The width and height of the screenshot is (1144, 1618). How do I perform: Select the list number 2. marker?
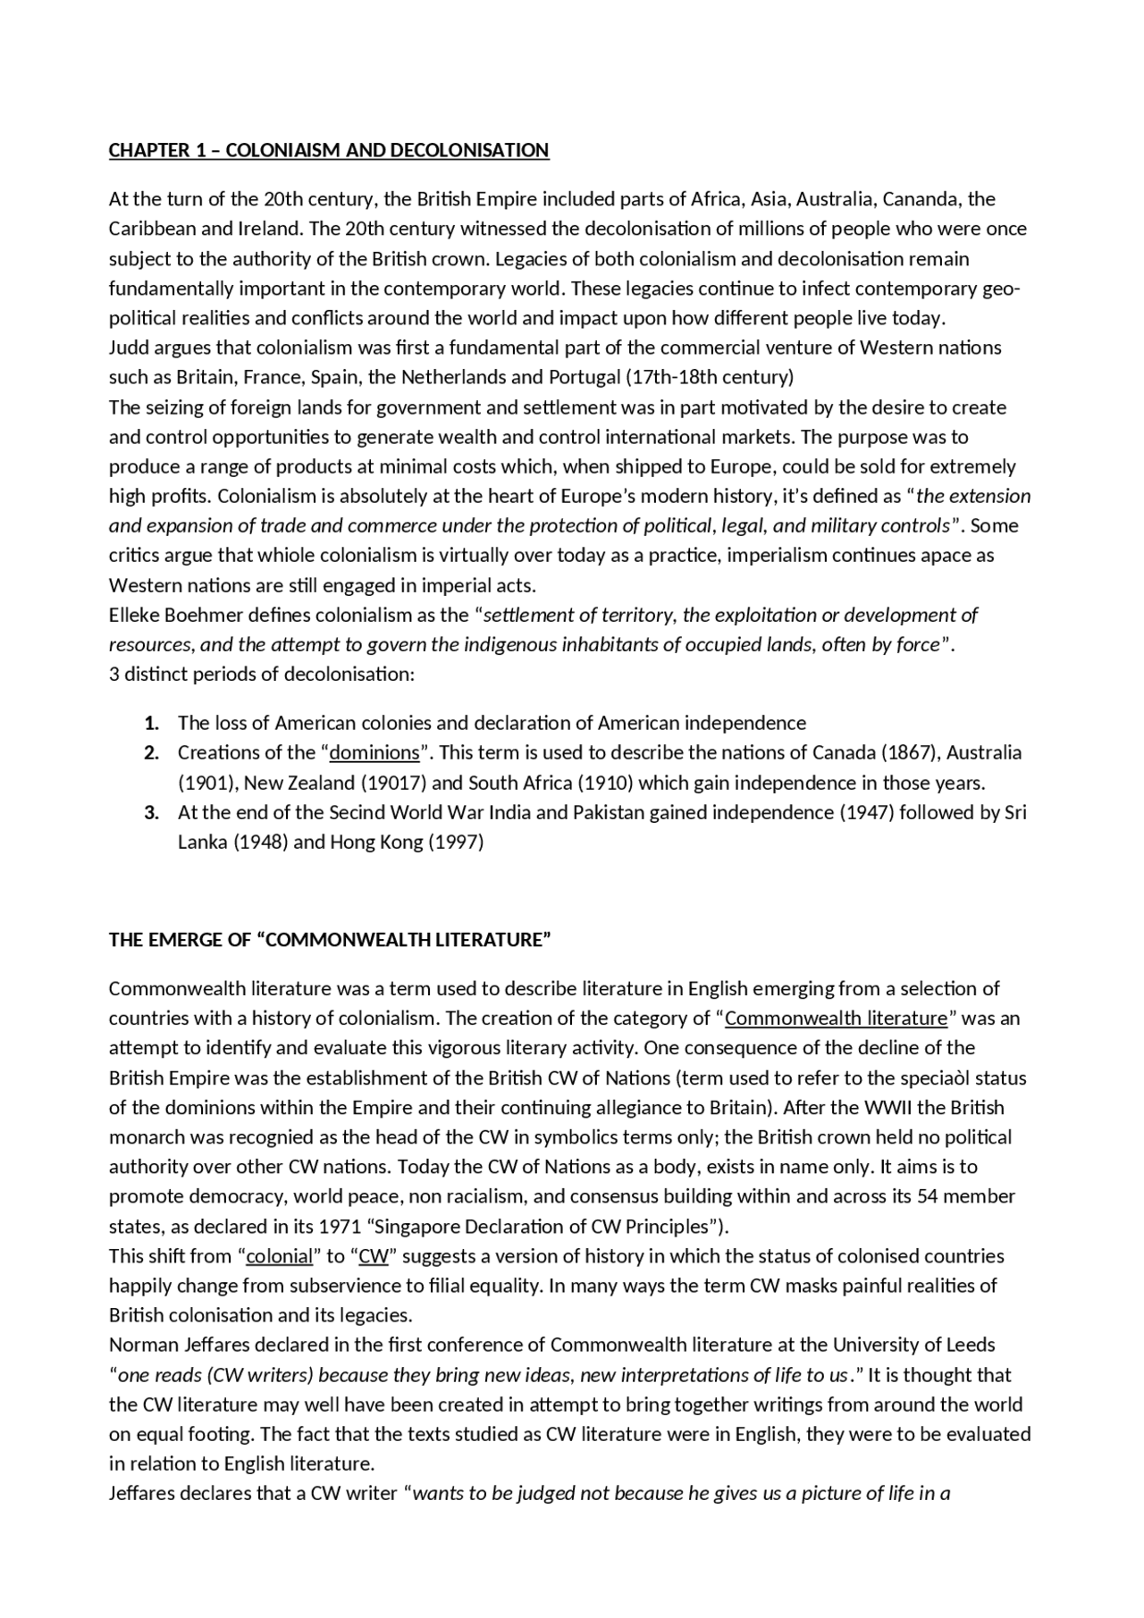tap(152, 752)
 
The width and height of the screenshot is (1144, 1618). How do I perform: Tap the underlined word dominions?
tap(374, 752)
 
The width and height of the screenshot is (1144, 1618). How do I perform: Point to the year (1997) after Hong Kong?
tap(456, 842)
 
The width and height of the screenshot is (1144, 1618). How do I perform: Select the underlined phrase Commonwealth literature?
tap(836, 1018)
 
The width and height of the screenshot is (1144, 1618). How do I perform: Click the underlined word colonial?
tap(279, 1255)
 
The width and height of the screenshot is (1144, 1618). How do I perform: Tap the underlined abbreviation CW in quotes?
tap(374, 1255)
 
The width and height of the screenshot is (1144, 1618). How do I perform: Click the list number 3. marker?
tap(152, 812)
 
